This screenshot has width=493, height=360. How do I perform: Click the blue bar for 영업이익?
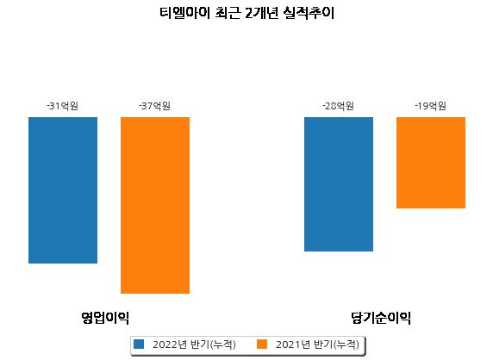click(63, 190)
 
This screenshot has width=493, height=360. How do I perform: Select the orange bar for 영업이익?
click(155, 205)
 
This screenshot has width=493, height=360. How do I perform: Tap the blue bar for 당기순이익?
click(339, 184)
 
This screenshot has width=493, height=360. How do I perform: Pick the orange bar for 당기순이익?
click(431, 163)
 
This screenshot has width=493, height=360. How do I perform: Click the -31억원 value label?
click(63, 106)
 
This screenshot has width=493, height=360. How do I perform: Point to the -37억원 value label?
click(154, 106)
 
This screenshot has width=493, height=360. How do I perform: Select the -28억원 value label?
click(339, 106)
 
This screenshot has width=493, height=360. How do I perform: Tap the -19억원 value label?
click(430, 106)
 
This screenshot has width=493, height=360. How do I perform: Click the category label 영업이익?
click(105, 318)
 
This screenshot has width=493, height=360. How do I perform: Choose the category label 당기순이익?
click(381, 318)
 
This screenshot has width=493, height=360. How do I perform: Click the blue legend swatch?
click(139, 344)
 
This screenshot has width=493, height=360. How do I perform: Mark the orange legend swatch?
click(262, 344)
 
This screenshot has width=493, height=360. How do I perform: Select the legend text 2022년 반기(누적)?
click(194, 344)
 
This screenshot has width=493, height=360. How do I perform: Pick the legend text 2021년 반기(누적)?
click(317, 344)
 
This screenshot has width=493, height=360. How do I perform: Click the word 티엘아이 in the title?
click(184, 13)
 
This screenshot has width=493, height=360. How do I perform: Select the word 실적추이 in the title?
click(309, 13)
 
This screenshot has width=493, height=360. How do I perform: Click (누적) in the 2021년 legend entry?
click(346, 344)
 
